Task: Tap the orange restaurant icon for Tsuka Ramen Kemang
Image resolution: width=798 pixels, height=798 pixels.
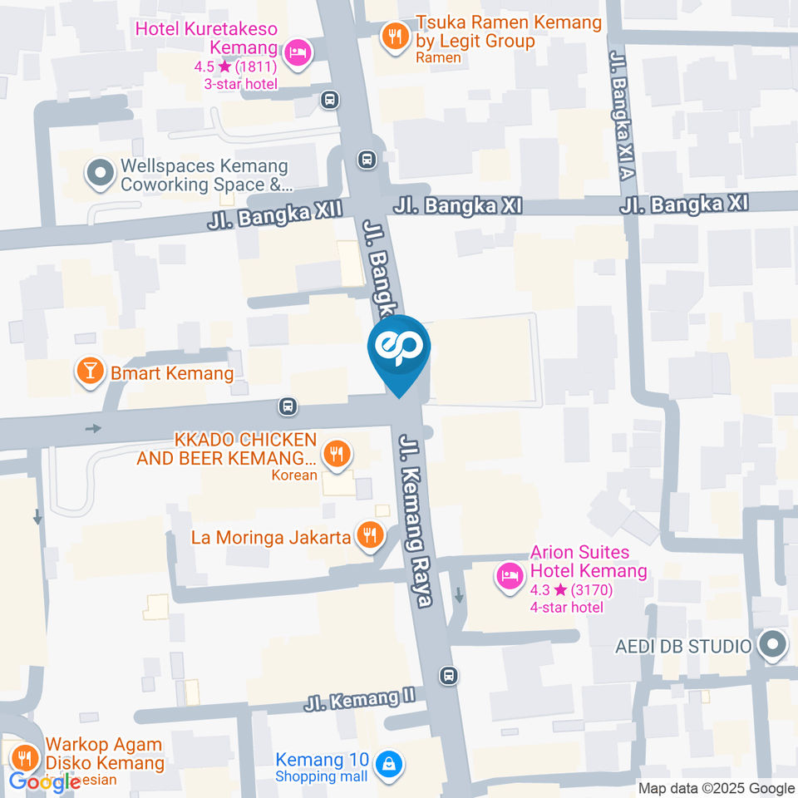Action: tap(393, 36)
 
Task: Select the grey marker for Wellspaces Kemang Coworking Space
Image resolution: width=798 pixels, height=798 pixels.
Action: tap(101, 175)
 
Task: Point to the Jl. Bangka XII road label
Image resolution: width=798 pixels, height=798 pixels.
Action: tap(275, 215)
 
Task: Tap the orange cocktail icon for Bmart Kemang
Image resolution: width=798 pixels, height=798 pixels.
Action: tap(89, 372)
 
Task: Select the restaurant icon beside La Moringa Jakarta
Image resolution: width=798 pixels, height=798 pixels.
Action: tap(369, 535)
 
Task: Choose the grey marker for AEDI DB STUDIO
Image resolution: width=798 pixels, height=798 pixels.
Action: tap(773, 645)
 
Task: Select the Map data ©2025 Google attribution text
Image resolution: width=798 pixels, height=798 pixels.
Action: tap(717, 788)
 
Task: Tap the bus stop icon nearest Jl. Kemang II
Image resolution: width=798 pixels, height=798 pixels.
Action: tap(449, 675)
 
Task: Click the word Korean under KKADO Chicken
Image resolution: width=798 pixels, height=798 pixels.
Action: tap(294, 475)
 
